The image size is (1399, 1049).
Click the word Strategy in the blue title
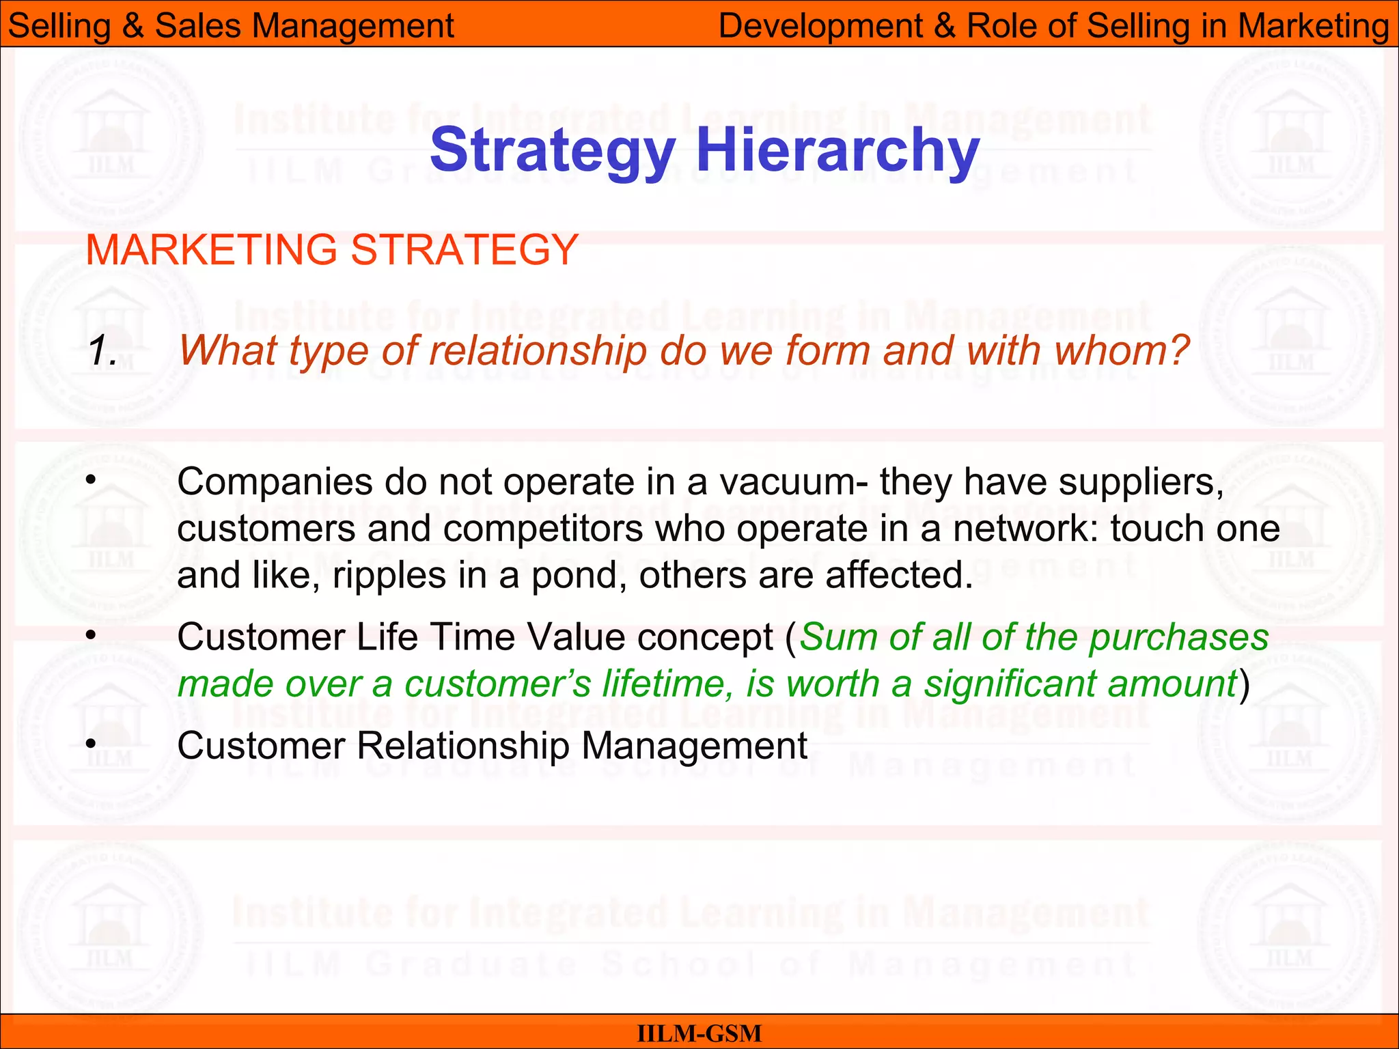click(552, 152)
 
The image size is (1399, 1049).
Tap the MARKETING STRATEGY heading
click(332, 249)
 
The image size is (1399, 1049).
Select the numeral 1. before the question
click(103, 351)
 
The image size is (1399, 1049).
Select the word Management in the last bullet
click(694, 746)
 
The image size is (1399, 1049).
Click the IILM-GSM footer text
click(699, 1033)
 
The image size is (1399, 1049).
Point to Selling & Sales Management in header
click(231, 26)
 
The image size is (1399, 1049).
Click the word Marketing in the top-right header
click(1313, 26)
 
